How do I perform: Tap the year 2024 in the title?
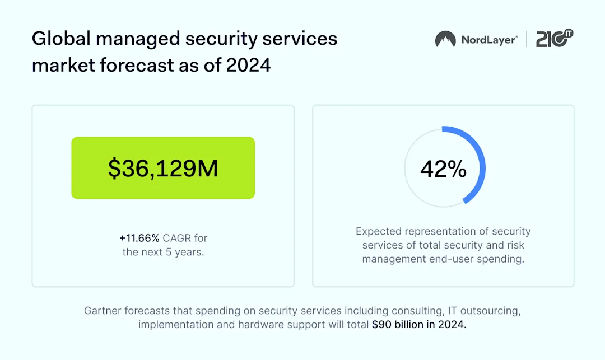pyautogui.click(x=248, y=65)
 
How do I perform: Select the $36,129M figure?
pyautogui.click(x=163, y=169)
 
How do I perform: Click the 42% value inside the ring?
pyautogui.click(x=443, y=169)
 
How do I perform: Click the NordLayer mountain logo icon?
pyautogui.click(x=445, y=39)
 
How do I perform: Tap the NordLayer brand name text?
pyautogui.click(x=489, y=40)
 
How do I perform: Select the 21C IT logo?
pyautogui.click(x=555, y=39)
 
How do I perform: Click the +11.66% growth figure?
pyautogui.click(x=139, y=238)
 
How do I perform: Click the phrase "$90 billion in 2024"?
pyautogui.click(x=419, y=324)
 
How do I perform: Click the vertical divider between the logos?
pyautogui.click(x=527, y=39)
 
